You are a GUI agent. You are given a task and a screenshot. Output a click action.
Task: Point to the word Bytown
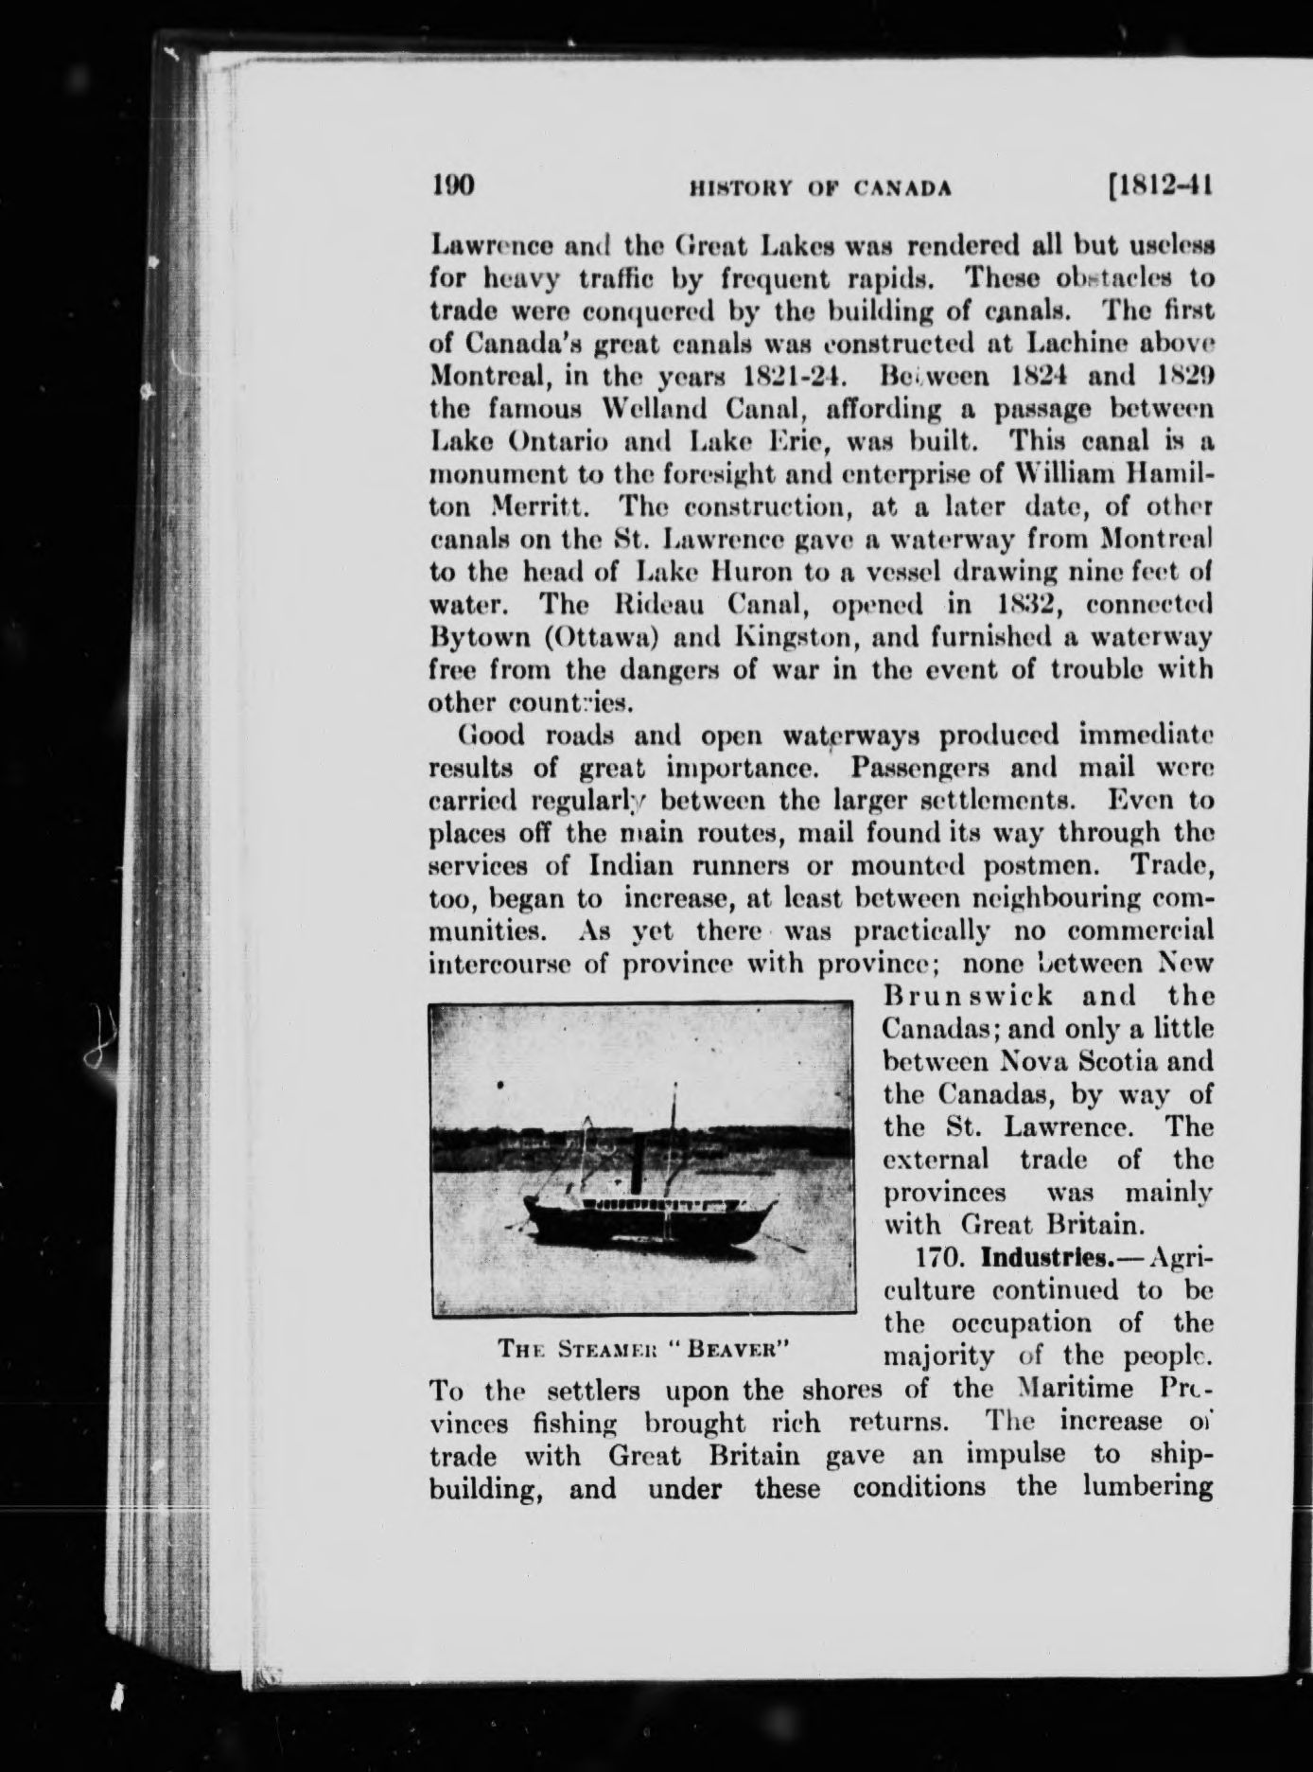tap(475, 637)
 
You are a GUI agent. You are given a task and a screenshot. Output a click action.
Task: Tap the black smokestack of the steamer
tap(636, 1168)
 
